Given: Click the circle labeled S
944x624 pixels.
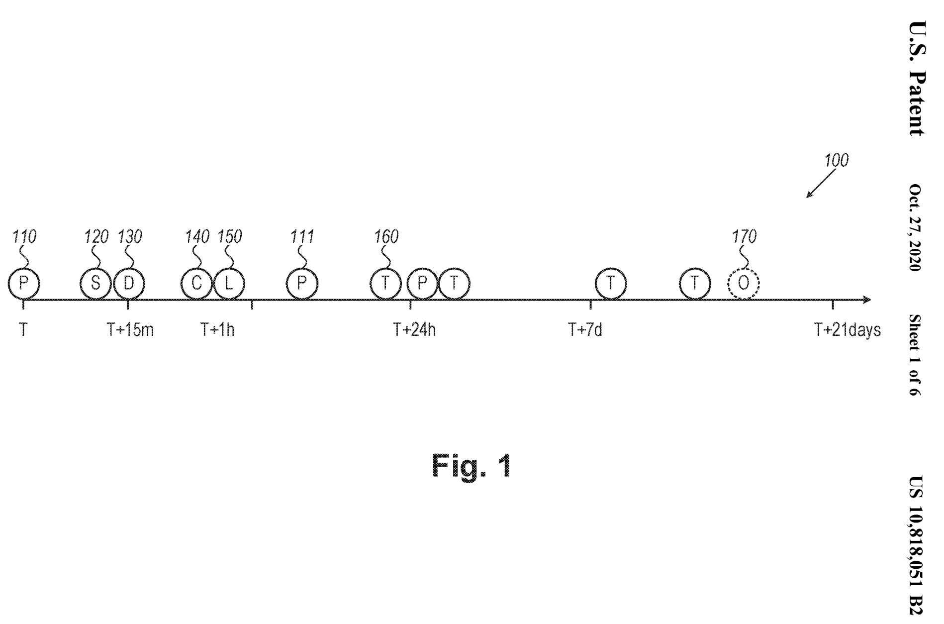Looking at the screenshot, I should (95, 284).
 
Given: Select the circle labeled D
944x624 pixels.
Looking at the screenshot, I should (129, 284).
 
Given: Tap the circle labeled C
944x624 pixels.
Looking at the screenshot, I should (197, 284).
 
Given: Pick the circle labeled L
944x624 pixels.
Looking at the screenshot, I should (229, 284).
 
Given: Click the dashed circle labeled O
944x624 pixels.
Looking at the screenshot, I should (743, 284).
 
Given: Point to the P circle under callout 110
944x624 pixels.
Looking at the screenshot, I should (23, 284).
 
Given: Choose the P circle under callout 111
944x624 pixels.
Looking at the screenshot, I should (301, 284).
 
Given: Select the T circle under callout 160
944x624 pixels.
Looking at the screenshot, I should (385, 284).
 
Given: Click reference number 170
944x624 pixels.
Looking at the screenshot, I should (744, 237).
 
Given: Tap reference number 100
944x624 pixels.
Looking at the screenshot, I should (836, 161).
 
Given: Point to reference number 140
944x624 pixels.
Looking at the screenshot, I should (197, 237).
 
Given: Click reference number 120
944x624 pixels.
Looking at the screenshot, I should (96, 237).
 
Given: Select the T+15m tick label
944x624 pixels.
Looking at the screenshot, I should (130, 329).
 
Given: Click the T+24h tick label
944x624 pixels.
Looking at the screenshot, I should (414, 329).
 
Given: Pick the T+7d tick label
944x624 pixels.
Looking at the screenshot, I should (585, 329).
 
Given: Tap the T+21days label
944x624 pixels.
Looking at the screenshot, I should (847, 329).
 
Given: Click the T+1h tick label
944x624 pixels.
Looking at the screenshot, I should (217, 329).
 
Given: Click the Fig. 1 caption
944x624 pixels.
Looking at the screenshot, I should (471, 466).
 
